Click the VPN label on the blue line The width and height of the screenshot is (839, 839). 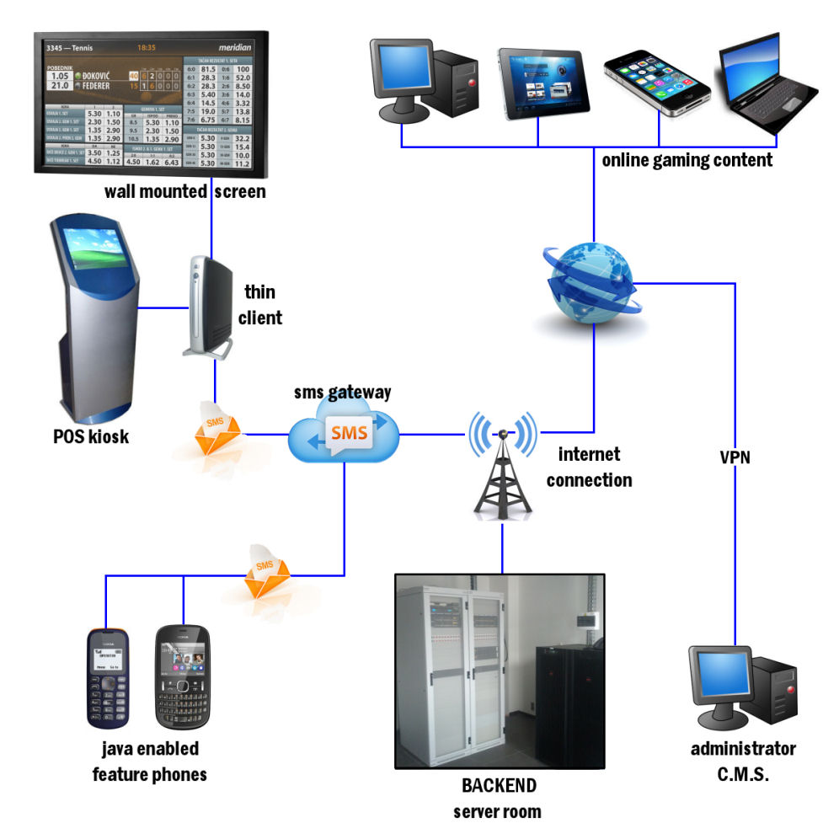(x=735, y=458)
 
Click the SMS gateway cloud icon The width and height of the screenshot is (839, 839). (x=344, y=433)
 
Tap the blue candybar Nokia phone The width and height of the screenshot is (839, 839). (x=107, y=678)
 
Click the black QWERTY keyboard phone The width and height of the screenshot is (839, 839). (x=182, y=678)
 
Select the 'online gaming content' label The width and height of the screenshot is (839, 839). (x=687, y=160)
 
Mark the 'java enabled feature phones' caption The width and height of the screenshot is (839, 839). (x=149, y=761)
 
